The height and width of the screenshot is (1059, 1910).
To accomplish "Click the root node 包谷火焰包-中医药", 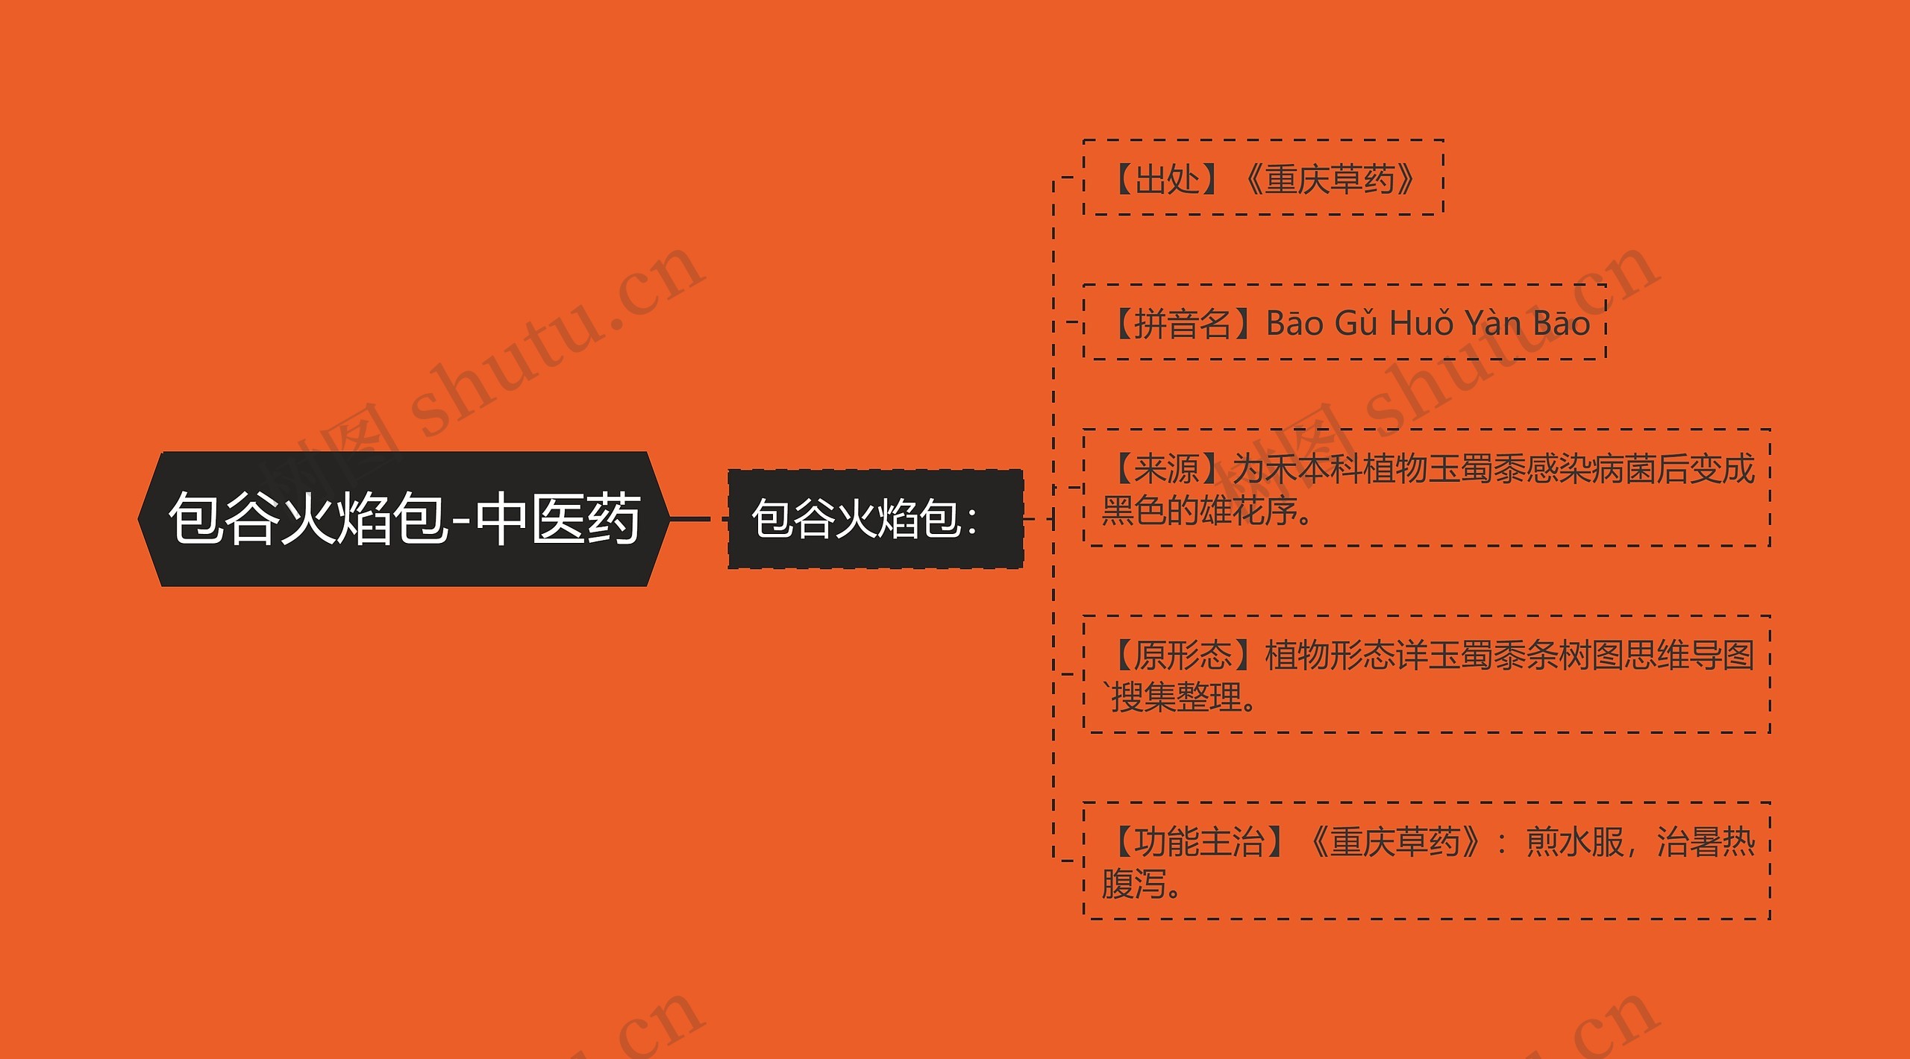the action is [x=403, y=519].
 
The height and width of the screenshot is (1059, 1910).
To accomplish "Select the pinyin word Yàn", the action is [x=1492, y=324].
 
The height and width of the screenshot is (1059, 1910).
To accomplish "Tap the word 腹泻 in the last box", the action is [x=1134, y=884].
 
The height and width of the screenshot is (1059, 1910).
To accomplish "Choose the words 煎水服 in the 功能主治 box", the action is [x=1574, y=842].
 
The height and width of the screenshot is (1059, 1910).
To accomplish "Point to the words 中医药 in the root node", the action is [x=558, y=519].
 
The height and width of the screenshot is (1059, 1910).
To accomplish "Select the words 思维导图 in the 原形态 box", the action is [x=1689, y=656].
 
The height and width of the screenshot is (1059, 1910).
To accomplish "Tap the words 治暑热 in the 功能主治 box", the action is [x=1706, y=842].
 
